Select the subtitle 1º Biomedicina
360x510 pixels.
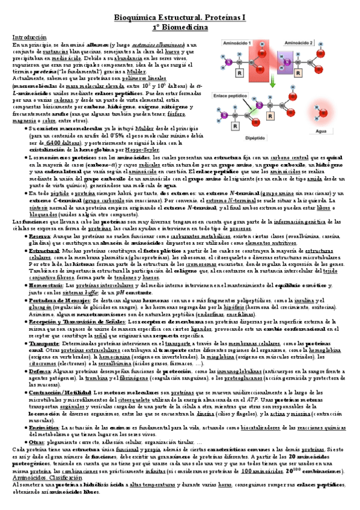coord(180,28)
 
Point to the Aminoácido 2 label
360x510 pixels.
coord(298,44)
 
